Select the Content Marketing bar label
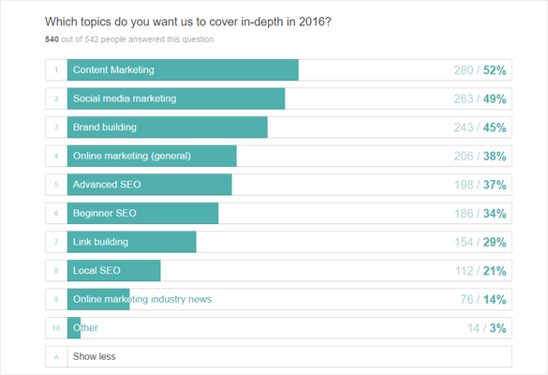pos(113,70)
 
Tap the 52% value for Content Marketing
pos(495,70)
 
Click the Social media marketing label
pos(125,98)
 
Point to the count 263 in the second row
pos(465,98)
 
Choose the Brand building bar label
pos(105,127)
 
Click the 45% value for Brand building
pos(495,127)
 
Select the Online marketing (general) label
pos(132,157)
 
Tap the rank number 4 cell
pos(56,157)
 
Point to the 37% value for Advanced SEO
pos(495,185)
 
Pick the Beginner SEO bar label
pos(105,214)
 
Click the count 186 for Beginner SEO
pos(465,214)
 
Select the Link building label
pos(100,242)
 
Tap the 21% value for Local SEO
pos(495,271)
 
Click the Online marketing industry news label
pos(142,299)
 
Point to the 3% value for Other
pos(497,328)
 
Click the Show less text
pos(95,357)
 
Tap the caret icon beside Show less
pos(56,357)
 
